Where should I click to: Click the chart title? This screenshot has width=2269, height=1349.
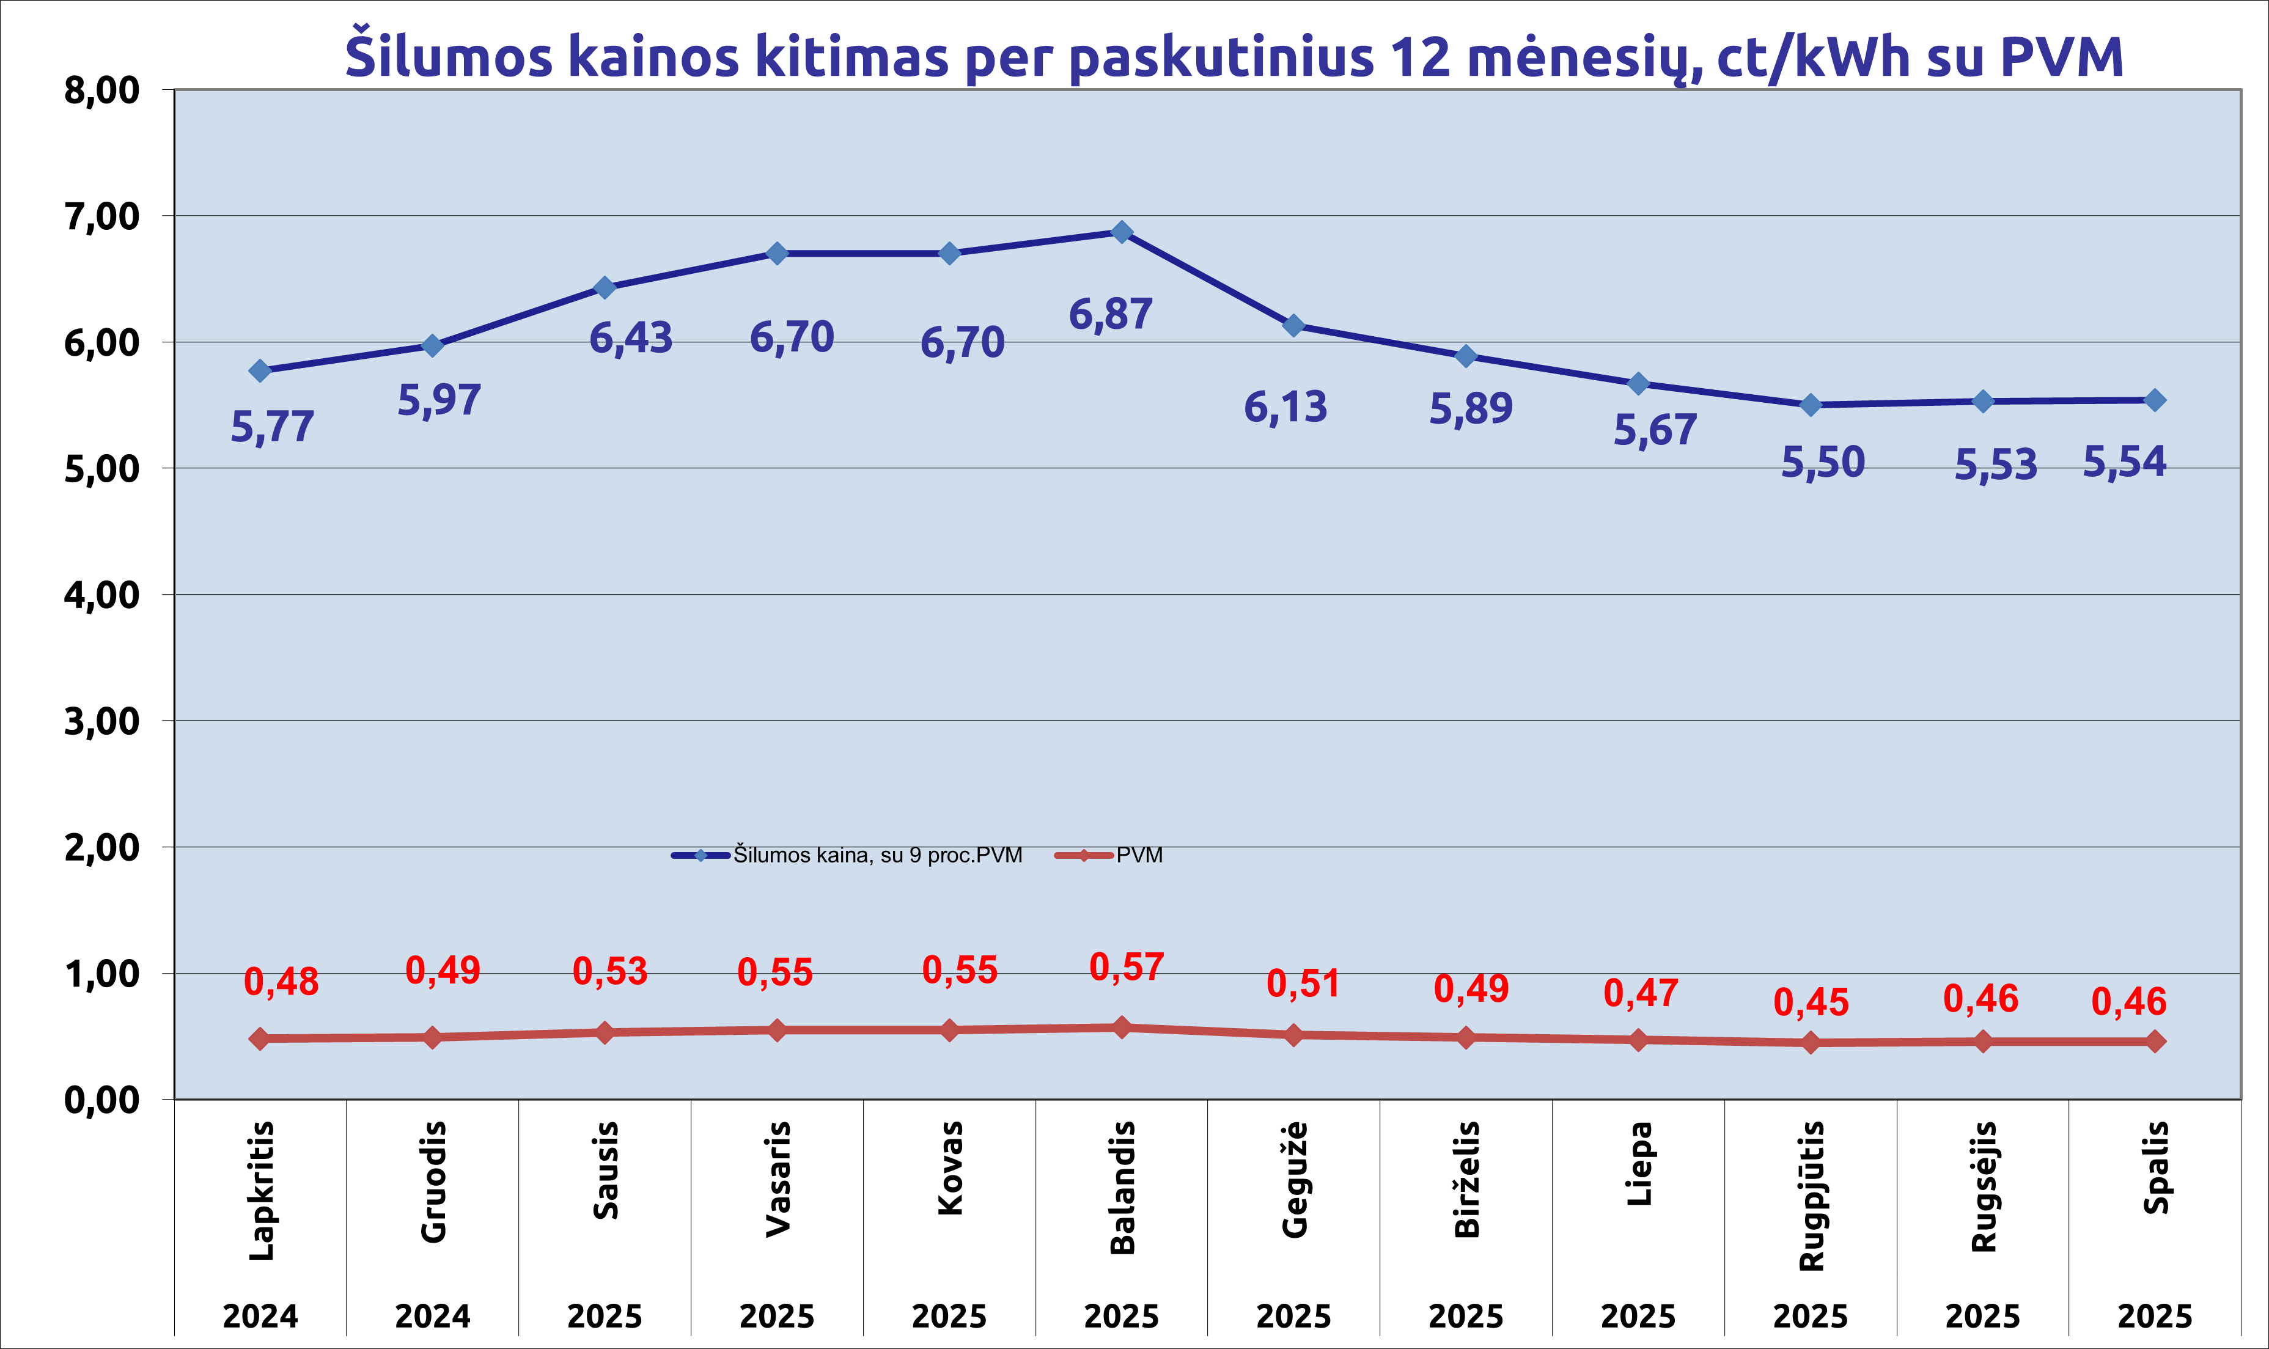click(1234, 56)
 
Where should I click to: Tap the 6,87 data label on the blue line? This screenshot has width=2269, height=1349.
click(1110, 315)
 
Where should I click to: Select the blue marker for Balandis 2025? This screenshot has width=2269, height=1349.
click(1122, 232)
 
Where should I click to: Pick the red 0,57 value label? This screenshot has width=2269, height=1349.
click(1127, 967)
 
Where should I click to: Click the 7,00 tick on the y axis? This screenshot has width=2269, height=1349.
click(102, 216)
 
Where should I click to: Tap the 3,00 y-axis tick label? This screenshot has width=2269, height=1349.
click(102, 721)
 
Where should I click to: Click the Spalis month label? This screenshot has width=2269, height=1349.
click(2155, 1168)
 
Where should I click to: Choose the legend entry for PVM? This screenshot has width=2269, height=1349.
click(1139, 855)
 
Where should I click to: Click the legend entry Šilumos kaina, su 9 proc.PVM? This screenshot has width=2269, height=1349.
click(877, 855)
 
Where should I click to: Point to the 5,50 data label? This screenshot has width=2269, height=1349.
click(1823, 463)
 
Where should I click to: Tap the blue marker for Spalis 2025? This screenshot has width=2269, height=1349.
click(2155, 400)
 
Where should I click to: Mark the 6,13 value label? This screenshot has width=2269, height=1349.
click(1285, 407)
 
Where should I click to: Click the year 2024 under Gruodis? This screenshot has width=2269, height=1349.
click(433, 1315)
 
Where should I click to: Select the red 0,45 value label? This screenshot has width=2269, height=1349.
click(1811, 1002)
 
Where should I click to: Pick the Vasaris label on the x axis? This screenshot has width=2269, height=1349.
click(778, 1179)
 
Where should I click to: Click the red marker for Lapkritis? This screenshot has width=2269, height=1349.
click(260, 1038)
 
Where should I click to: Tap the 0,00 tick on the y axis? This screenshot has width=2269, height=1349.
click(102, 1100)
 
